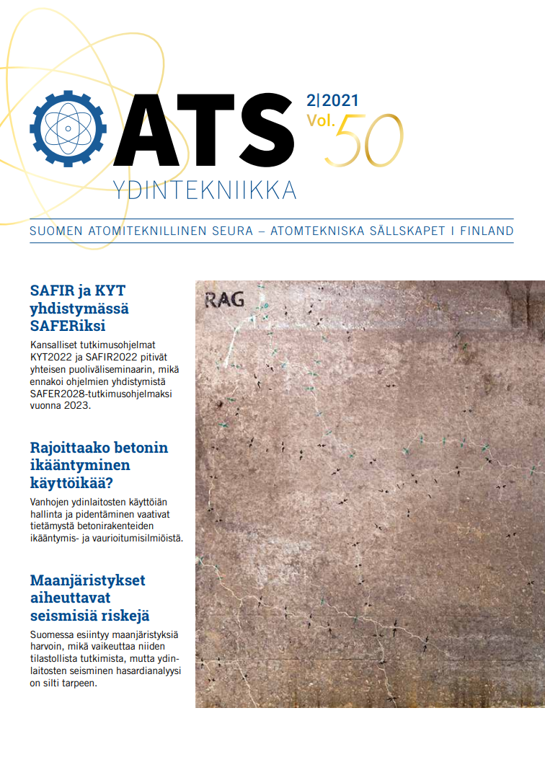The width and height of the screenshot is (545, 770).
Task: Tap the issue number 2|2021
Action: pyautogui.click(x=332, y=101)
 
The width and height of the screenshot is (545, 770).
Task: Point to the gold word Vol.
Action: pyautogui.click(x=321, y=120)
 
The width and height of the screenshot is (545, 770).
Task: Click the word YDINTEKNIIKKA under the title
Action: pyautogui.click(x=205, y=190)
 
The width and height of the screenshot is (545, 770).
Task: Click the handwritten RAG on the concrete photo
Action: pyautogui.click(x=224, y=299)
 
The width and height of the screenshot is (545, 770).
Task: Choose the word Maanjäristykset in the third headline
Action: pyautogui.click(x=87, y=580)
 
